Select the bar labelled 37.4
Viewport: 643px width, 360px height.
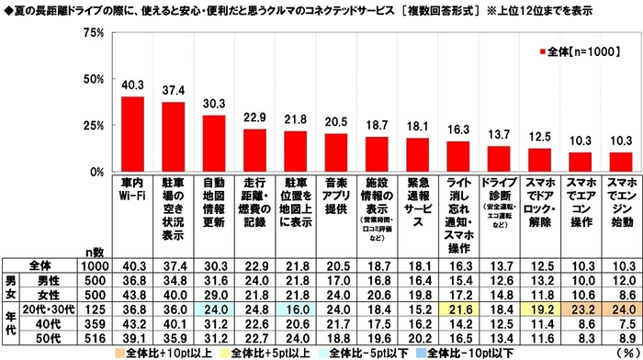click(173, 137)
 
